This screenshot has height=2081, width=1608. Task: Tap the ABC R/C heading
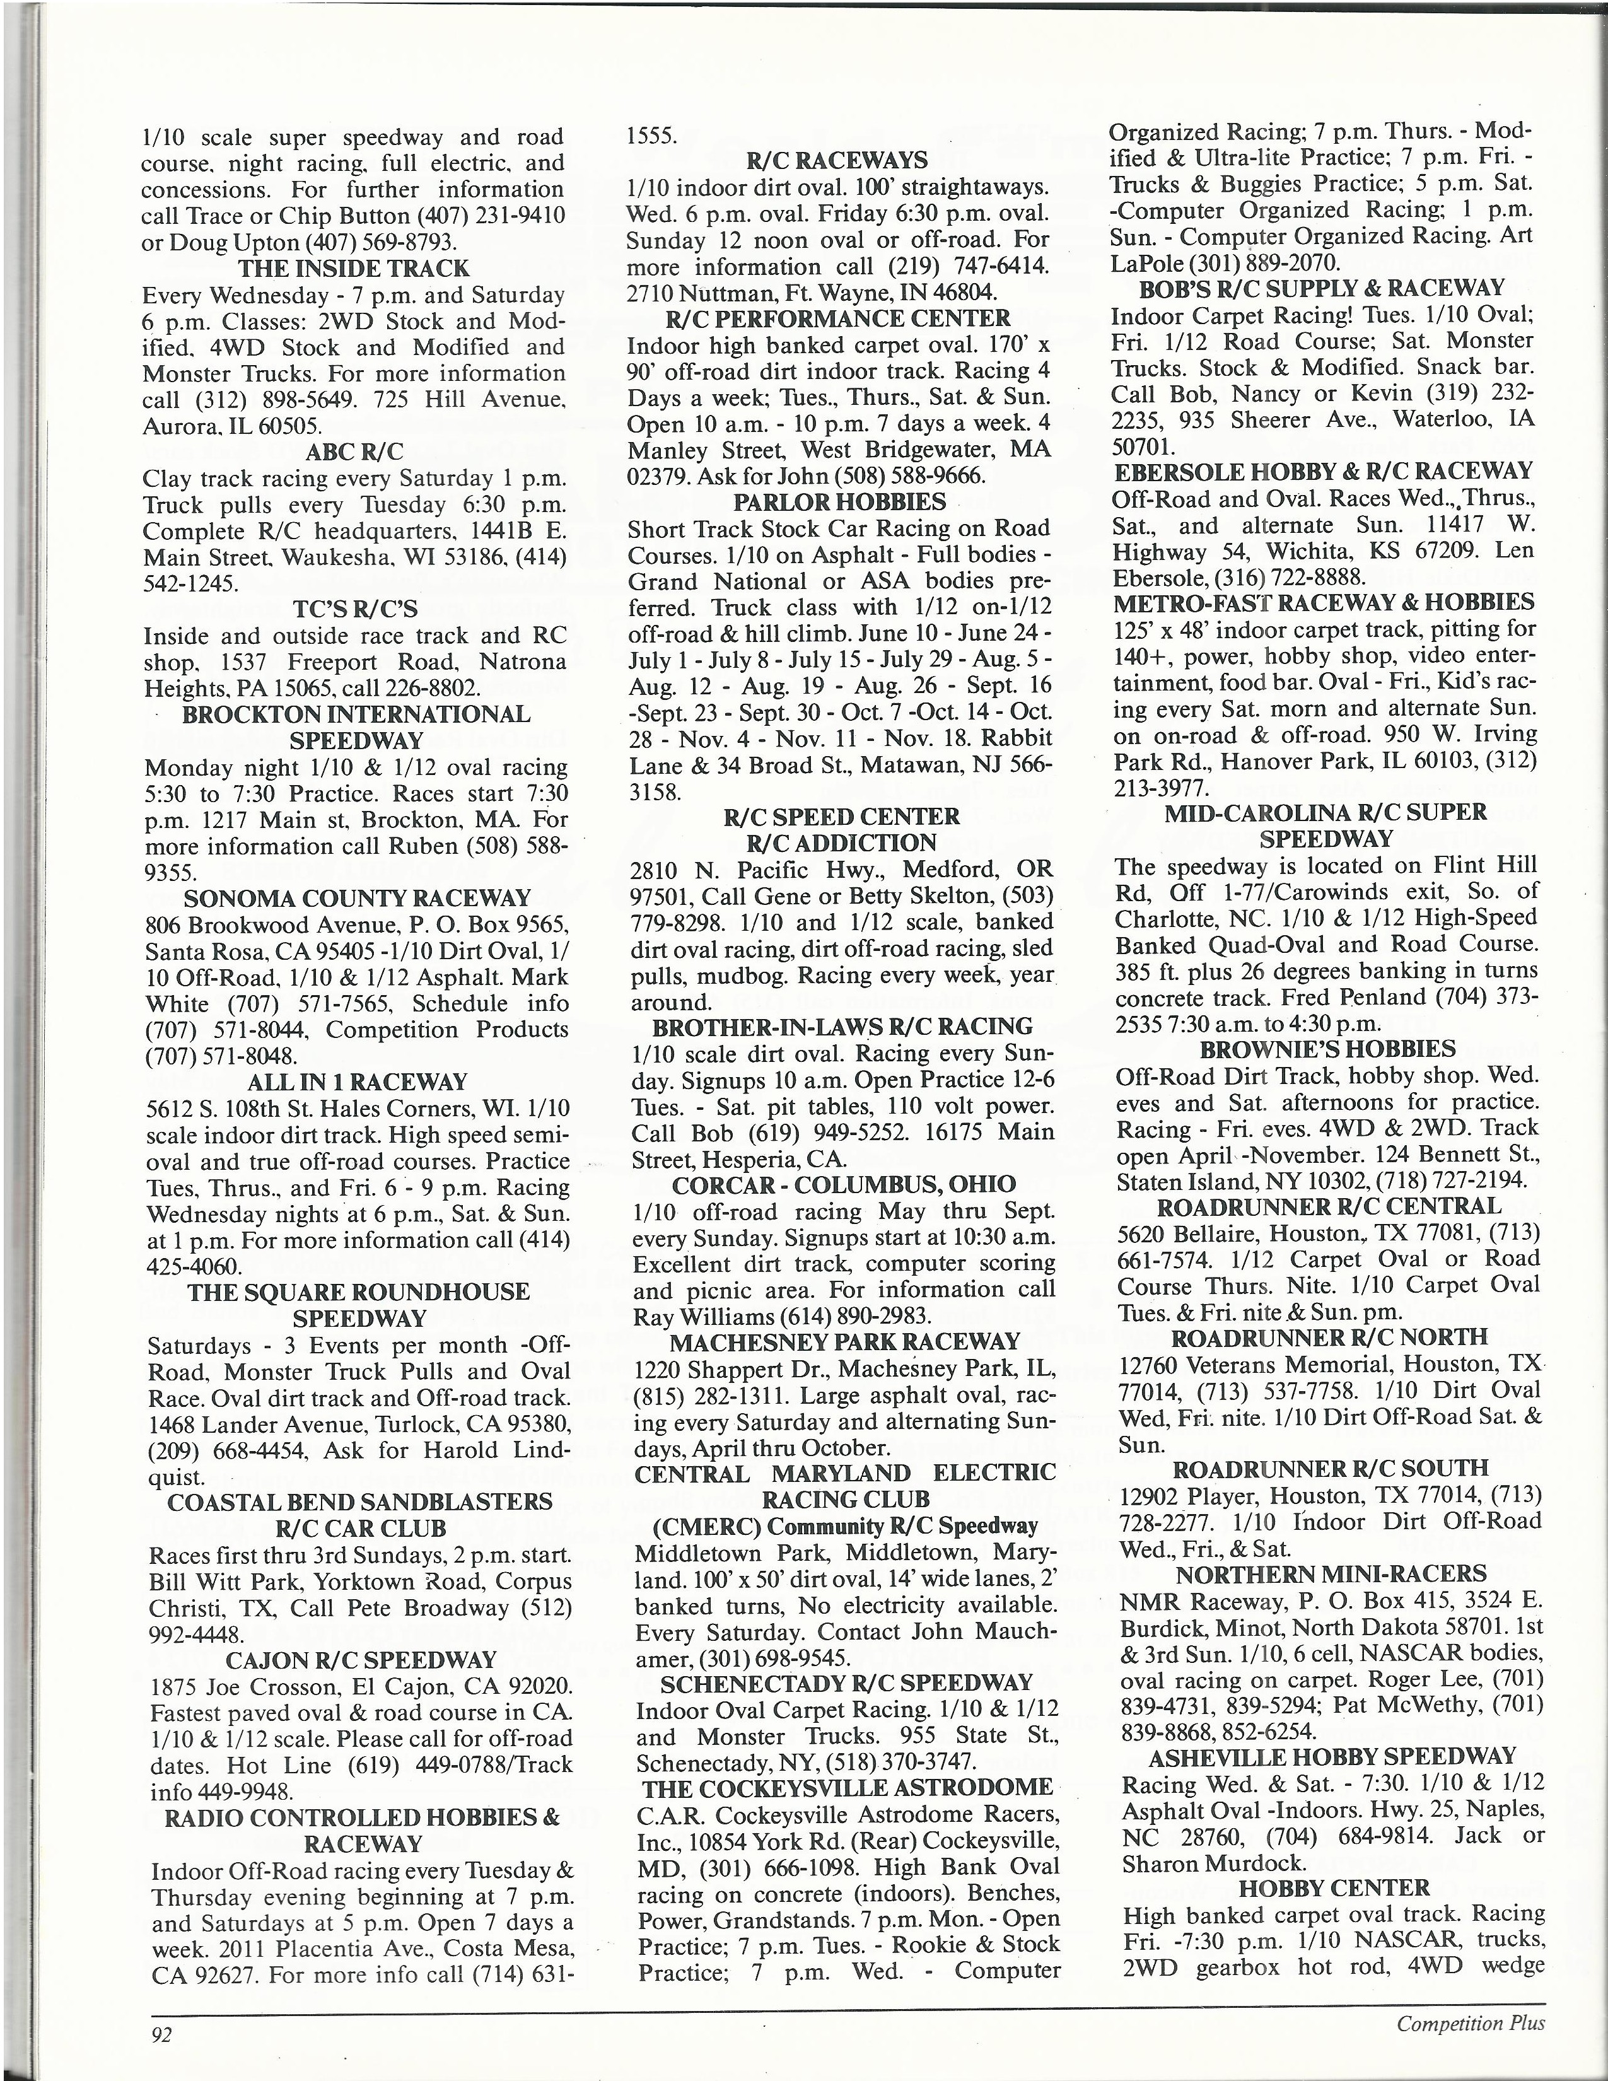(x=354, y=452)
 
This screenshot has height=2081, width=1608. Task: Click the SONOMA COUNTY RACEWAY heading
(x=357, y=899)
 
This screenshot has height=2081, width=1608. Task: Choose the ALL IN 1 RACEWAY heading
(x=357, y=1082)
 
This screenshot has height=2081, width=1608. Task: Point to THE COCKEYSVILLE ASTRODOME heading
(x=848, y=1788)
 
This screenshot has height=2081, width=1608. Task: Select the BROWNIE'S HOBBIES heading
(x=1328, y=1049)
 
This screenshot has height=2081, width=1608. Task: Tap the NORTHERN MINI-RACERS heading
(x=1331, y=1574)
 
